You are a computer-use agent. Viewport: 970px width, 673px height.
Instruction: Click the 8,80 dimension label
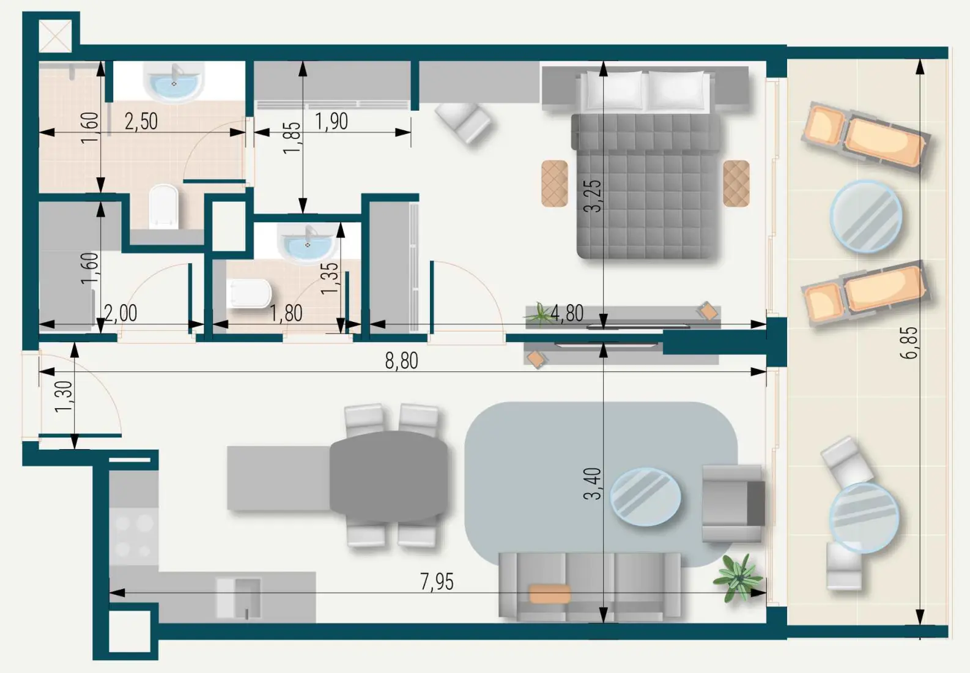pos(401,361)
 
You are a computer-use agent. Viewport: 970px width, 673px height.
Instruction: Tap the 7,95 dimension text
pos(437,582)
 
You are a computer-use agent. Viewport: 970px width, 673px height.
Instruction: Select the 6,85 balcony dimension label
pos(909,343)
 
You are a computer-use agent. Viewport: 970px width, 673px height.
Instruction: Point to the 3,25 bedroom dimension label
pos(593,196)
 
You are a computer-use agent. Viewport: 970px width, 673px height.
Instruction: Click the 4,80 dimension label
pos(567,313)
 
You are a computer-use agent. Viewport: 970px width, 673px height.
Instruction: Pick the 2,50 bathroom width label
pos(141,121)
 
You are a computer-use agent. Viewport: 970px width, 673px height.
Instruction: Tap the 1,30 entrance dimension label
pos(64,396)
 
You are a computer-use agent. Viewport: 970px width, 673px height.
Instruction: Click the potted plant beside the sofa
pos(739,577)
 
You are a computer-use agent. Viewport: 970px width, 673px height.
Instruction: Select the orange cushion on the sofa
pos(550,593)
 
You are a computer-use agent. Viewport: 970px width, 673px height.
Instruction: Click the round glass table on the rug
pos(645,496)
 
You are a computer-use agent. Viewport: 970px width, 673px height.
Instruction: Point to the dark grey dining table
pos(389,477)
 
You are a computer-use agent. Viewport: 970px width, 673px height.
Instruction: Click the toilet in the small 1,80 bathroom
pos(249,294)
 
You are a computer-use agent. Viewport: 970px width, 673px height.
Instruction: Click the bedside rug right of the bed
pos(736,184)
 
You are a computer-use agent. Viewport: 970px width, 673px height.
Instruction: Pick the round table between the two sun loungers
pos(865,217)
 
